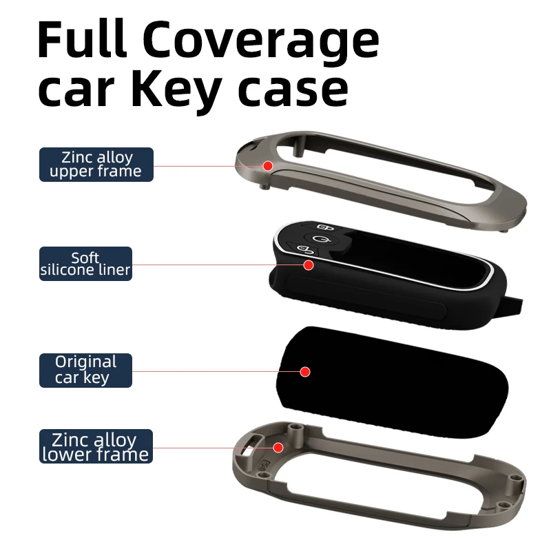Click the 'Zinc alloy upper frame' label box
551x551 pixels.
tap(96, 164)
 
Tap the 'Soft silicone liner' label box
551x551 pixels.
tap(85, 264)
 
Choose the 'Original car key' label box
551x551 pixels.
tap(85, 370)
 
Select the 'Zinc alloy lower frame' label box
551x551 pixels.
tap(96, 446)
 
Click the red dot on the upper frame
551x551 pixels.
tap(269, 165)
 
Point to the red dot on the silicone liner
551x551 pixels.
tap(309, 264)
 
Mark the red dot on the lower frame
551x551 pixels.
tap(278, 447)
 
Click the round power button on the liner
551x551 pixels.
tap(318, 240)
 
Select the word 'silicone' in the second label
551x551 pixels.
tap(76, 270)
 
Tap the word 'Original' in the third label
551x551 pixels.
tap(86, 362)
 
